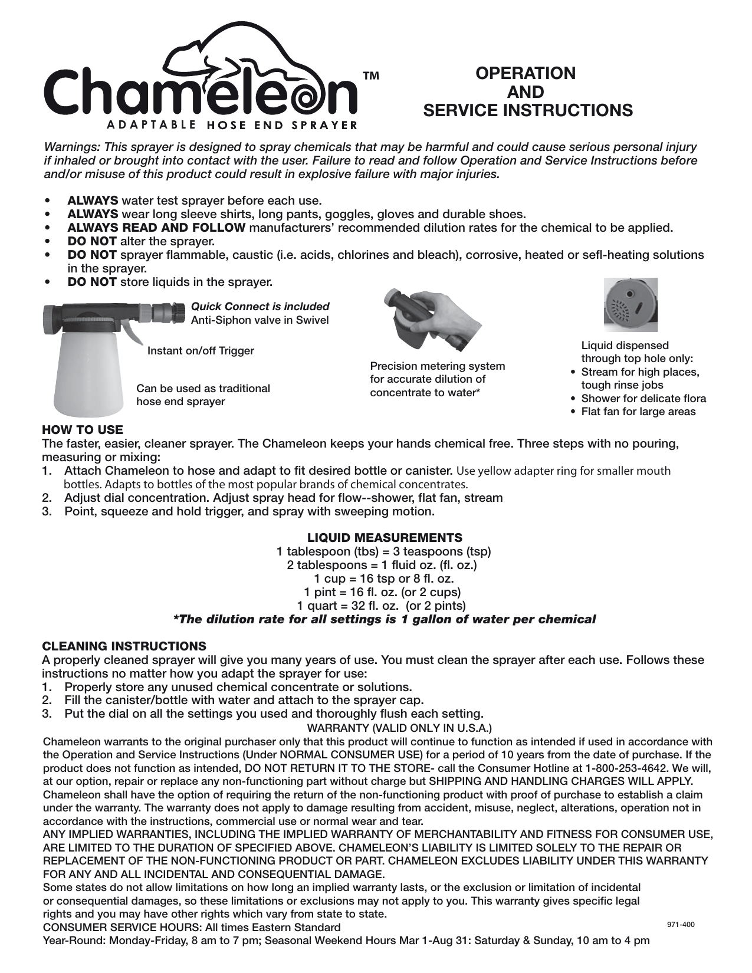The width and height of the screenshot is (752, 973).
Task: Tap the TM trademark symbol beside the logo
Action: point(370,77)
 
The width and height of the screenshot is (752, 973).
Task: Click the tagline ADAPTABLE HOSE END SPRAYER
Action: point(232,124)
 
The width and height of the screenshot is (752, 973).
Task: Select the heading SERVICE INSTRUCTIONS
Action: point(528,111)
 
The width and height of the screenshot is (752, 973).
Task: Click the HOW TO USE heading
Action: point(83,429)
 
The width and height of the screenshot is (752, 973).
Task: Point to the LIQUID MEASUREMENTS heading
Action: point(385,538)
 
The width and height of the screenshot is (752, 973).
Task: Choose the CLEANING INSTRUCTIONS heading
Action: point(124,646)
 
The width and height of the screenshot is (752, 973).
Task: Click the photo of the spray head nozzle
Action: point(631,304)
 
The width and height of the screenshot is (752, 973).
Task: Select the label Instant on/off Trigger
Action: point(201,351)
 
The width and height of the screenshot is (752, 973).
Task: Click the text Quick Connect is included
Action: point(260,307)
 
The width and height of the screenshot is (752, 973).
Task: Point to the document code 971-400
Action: point(681,925)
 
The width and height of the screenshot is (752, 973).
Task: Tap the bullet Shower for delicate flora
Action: point(643,399)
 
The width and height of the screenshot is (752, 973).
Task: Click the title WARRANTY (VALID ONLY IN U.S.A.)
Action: point(400,728)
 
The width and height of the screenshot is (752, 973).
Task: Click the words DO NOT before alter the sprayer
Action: point(92,241)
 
